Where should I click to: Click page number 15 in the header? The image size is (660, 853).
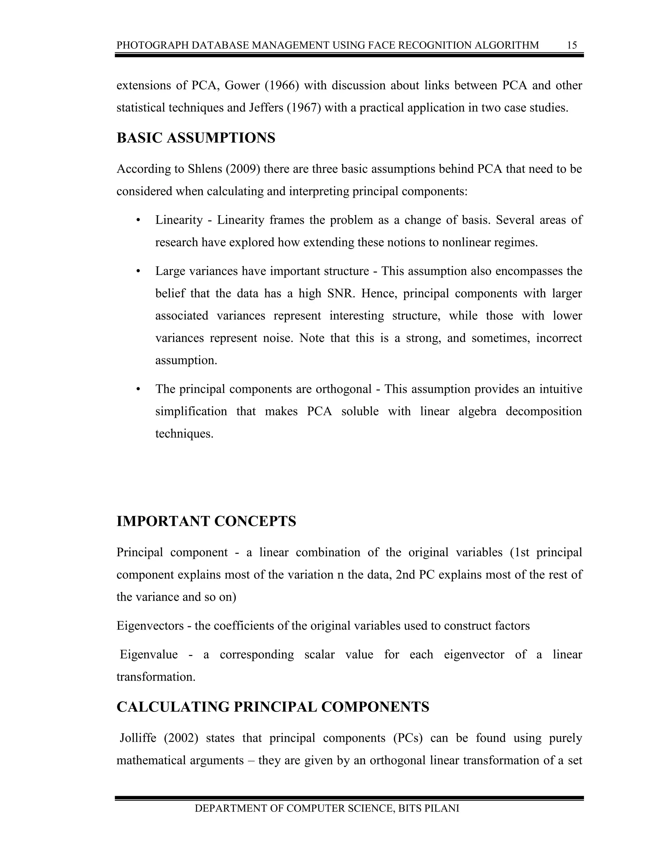pyautogui.click(x=572, y=45)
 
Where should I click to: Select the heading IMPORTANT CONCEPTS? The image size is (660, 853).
pyautogui.click(x=206, y=521)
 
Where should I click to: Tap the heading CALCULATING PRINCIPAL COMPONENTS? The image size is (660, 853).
pyautogui.click(x=273, y=707)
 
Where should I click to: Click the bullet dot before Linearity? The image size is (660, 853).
pyautogui.click(x=138, y=220)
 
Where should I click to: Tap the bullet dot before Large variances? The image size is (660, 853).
pyautogui.click(x=138, y=271)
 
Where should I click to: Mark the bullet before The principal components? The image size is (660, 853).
pyautogui.click(x=138, y=389)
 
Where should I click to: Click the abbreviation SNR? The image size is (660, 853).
pyautogui.click(x=341, y=293)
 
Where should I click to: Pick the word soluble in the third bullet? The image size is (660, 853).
pyautogui.click(x=360, y=412)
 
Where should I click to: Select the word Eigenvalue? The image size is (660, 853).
pyautogui.click(x=149, y=654)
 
